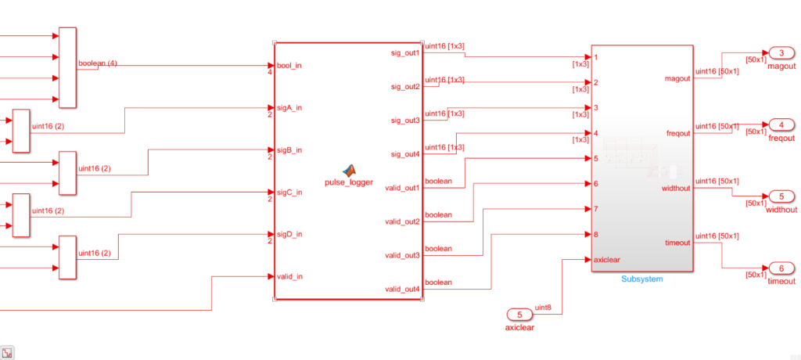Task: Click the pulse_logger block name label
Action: [349, 182]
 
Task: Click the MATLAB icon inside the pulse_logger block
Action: [349, 170]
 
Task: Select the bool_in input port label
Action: [289, 66]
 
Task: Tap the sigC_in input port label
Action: [290, 192]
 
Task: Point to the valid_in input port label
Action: [290, 276]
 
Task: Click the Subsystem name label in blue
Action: [641, 279]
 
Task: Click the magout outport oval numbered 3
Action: [781, 53]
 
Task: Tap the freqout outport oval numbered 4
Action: [781, 124]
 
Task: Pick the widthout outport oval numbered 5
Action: [781, 196]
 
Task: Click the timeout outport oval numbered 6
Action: [781, 268]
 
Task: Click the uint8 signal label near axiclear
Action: [544, 308]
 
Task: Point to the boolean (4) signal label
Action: [98, 63]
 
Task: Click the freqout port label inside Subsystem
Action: [677, 133]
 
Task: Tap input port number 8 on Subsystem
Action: [596, 234]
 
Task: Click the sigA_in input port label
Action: [290, 108]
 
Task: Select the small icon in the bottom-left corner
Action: [7, 351]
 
